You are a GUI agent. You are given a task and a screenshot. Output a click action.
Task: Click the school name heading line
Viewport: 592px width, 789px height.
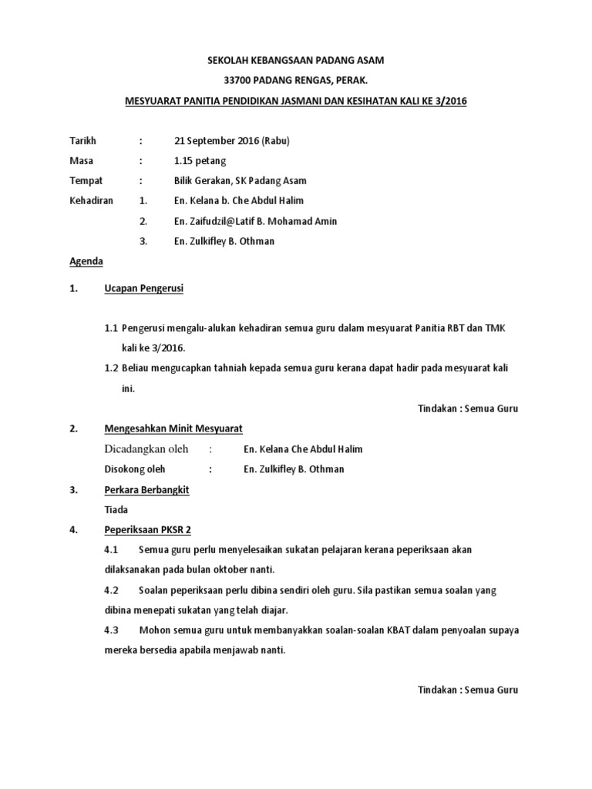296,59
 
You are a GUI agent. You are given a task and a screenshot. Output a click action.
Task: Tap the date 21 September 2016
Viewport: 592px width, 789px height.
217,141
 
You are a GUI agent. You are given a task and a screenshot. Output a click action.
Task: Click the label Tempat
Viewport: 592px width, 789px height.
85,181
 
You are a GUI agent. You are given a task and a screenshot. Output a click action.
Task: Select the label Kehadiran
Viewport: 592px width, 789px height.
92,201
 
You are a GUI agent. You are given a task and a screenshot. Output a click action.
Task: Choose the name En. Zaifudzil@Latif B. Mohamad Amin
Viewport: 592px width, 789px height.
256,221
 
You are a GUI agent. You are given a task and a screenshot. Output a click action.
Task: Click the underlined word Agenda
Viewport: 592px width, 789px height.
86,261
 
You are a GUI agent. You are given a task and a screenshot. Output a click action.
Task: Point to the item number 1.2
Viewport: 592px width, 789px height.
111,368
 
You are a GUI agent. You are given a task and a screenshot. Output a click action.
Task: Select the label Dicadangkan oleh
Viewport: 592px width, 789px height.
146,449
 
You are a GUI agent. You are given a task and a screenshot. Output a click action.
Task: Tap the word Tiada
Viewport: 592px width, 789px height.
116,509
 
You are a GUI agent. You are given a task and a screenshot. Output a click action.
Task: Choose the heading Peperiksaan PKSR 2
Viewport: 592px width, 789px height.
148,529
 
